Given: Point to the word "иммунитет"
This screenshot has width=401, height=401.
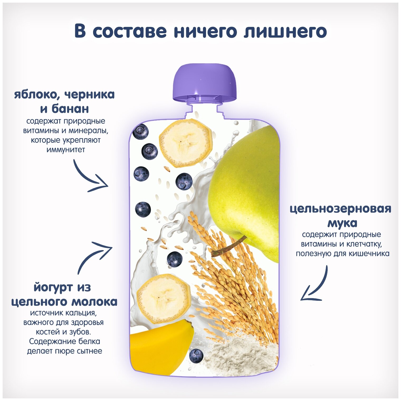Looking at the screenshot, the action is tap(66, 150).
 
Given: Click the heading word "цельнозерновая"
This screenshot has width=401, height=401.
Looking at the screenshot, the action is tap(340, 209).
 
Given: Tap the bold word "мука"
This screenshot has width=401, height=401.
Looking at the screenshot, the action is tap(342, 223).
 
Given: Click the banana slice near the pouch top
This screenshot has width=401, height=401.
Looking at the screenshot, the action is tap(185, 143).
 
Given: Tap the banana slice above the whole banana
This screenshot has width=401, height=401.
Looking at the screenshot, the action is tap(164, 299).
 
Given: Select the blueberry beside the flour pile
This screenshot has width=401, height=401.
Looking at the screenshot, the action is tap(196, 356).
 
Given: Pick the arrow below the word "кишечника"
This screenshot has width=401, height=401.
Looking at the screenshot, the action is tap(315, 286).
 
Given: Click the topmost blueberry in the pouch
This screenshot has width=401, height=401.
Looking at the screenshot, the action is tap(140, 131).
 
